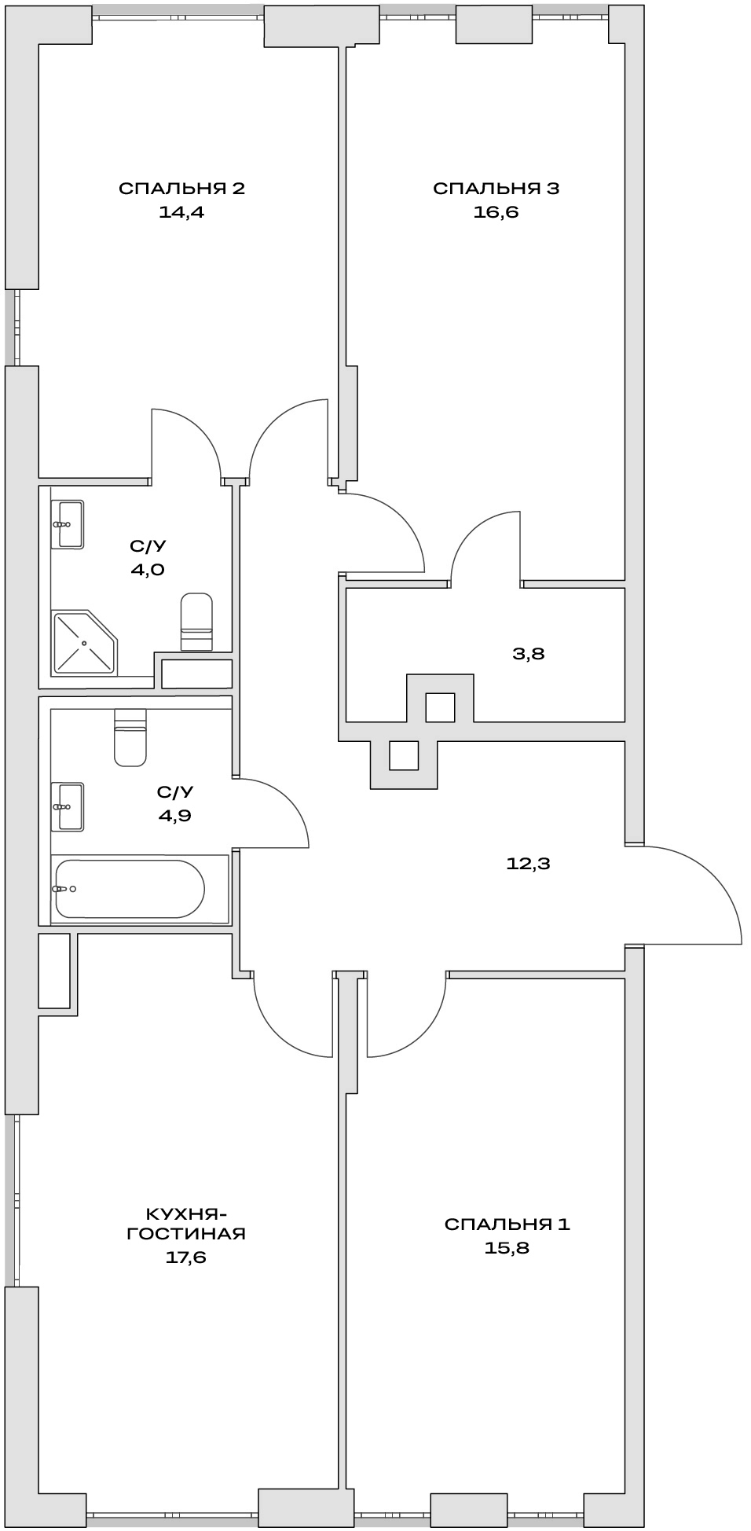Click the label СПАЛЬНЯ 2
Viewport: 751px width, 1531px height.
pos(181,189)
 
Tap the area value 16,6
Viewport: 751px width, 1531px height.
pos(496,212)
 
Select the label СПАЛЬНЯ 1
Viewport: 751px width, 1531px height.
pos(507,1224)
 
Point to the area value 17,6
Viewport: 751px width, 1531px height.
pos(186,1257)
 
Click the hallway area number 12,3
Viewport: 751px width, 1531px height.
pos(528,865)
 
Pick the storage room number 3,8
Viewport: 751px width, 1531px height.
pos(528,654)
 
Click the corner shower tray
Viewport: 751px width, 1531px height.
pos(83,643)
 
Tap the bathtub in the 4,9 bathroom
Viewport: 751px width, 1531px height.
pos(130,889)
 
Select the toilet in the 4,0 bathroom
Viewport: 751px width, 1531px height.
pos(196,622)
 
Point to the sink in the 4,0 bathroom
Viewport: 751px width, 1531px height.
pos(68,524)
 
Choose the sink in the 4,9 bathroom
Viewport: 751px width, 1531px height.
pos(68,806)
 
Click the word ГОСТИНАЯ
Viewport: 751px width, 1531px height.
pos(186,1234)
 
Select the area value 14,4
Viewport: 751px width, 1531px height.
pos(181,212)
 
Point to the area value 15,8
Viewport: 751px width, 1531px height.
pos(507,1248)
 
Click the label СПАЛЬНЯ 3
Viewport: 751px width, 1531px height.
pos(496,189)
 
